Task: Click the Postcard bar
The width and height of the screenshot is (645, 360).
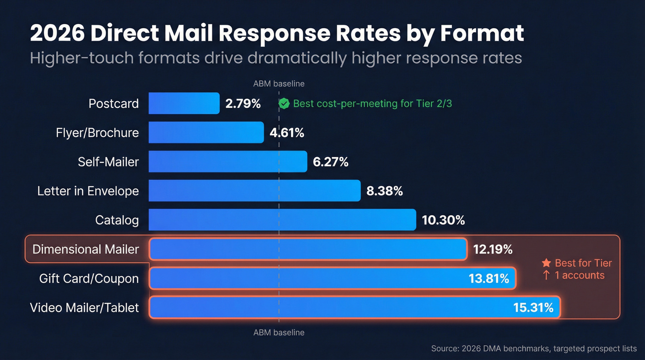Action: click(184, 103)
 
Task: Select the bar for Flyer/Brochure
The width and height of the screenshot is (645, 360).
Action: click(206, 132)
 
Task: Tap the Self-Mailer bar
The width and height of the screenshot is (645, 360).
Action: click(228, 161)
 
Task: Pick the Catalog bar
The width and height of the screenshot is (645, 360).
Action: click(282, 220)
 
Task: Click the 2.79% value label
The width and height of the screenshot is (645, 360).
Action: click(243, 104)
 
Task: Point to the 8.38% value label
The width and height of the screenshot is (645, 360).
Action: click(384, 191)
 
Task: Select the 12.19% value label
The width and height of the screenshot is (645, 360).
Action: click(493, 249)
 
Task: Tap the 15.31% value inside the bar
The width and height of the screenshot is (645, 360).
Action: click(533, 307)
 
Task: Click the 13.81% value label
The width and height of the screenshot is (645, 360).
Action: click(489, 278)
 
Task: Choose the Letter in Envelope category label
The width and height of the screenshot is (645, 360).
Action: click(88, 191)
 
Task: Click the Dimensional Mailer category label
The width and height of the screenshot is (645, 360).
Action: click(85, 249)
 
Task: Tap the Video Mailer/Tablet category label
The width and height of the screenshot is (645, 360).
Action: click(84, 307)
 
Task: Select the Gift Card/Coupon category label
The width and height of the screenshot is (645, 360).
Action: click(89, 278)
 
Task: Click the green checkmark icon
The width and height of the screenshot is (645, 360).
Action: click(284, 104)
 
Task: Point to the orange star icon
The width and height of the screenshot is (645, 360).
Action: click(546, 263)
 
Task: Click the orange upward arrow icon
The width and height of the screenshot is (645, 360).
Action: click(546, 275)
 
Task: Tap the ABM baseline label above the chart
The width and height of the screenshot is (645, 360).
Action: click(279, 84)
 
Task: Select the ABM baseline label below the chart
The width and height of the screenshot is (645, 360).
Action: click(279, 332)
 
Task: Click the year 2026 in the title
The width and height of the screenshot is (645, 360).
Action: click(56, 34)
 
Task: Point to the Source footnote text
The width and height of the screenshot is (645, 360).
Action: click(534, 348)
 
